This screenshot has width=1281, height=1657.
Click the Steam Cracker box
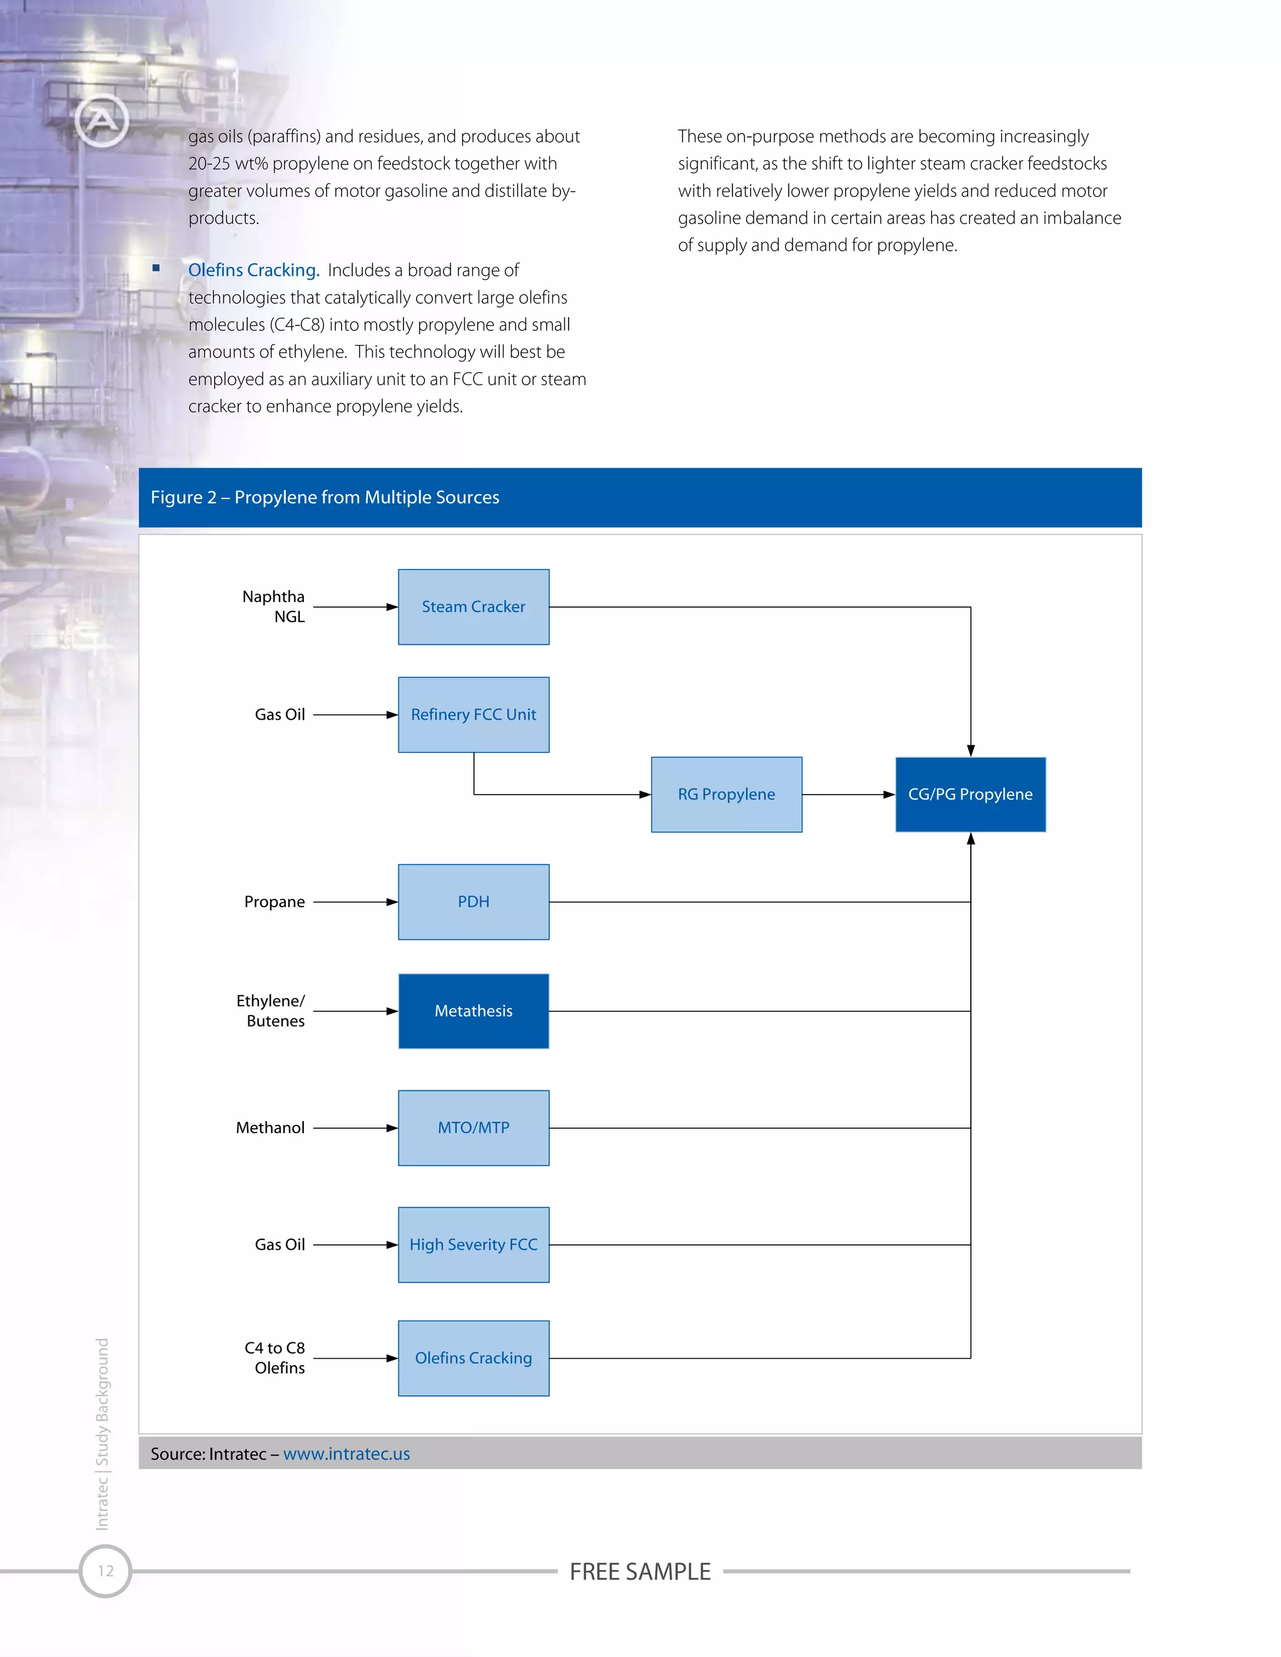pyautogui.click(x=473, y=607)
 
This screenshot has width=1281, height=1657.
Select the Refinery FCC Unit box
pyautogui.click(x=473, y=715)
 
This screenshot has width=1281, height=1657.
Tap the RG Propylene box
pyautogui.click(x=726, y=794)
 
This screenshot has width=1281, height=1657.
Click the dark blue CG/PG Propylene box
pyautogui.click(x=970, y=794)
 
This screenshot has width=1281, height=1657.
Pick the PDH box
pyautogui.click(x=473, y=902)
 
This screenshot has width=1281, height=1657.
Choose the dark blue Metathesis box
pyautogui.click(x=473, y=1011)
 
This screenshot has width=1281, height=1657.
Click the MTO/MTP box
pyautogui.click(x=473, y=1128)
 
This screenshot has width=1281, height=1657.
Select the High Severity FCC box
pyautogui.click(x=473, y=1245)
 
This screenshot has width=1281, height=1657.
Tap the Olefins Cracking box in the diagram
pyautogui.click(x=473, y=1358)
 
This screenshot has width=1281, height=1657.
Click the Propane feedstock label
pyautogui.click(x=275, y=902)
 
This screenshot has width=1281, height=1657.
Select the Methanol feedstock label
pyautogui.click(x=270, y=1128)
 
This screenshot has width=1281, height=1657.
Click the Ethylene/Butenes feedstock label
pyautogui.click(x=271, y=1011)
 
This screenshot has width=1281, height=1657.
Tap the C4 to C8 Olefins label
pyautogui.click(x=275, y=1358)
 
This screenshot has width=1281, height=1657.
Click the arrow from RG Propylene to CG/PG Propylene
pyautogui.click(x=848, y=794)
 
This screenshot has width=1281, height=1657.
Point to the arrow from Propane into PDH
pyautogui.click(x=355, y=902)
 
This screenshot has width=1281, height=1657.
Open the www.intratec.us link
pyautogui.click(x=346, y=1454)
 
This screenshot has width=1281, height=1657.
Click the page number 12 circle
pyautogui.click(x=106, y=1571)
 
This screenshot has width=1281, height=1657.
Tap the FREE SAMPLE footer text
pyautogui.click(x=640, y=1571)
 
